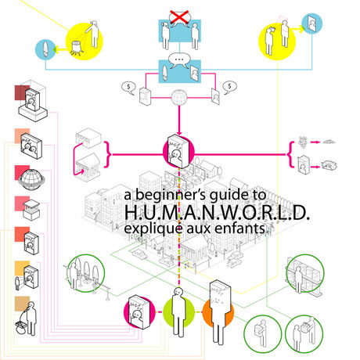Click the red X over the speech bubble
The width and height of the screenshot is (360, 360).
(x=179, y=17)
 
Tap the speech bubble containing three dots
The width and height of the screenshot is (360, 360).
(x=179, y=60)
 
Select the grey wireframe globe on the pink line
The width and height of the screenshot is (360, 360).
(x=179, y=97)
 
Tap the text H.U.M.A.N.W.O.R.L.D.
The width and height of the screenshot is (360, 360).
(x=217, y=212)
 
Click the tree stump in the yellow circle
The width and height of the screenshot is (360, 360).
(x=77, y=48)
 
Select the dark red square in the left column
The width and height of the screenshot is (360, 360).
(x=22, y=92)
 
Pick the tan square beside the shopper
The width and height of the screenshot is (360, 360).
(x=22, y=304)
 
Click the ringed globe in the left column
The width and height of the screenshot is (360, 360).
(x=31, y=179)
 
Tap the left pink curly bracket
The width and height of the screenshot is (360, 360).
(x=107, y=154)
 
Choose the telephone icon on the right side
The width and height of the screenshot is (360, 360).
(x=329, y=165)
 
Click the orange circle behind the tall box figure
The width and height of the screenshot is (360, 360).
(x=218, y=312)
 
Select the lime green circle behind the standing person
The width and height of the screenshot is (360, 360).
(x=178, y=312)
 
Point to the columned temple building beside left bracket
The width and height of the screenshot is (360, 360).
(x=87, y=164)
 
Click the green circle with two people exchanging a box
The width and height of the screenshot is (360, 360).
(x=304, y=334)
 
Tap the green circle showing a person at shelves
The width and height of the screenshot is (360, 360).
(x=305, y=274)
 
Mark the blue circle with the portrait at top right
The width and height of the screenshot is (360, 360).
(x=312, y=23)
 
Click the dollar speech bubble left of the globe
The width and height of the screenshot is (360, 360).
(x=128, y=88)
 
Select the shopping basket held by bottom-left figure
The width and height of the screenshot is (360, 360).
(x=21, y=325)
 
